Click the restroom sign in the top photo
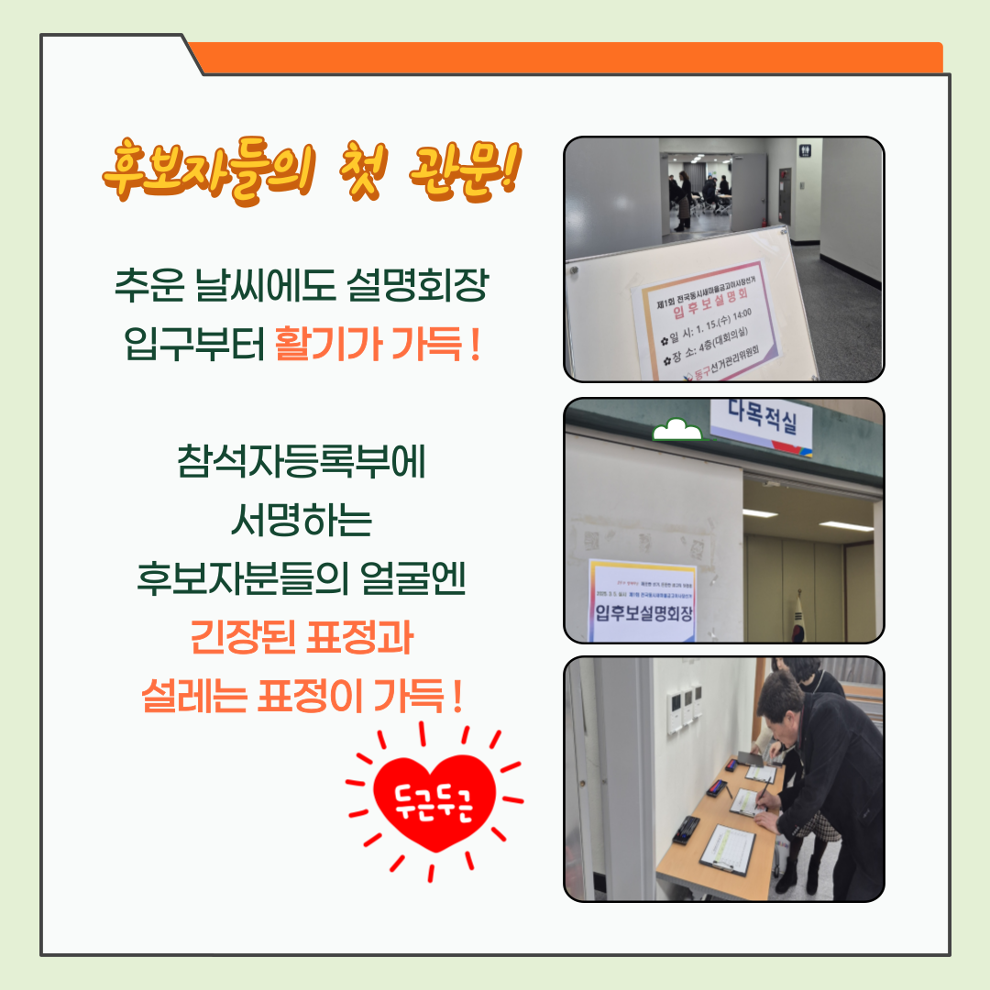805,148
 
